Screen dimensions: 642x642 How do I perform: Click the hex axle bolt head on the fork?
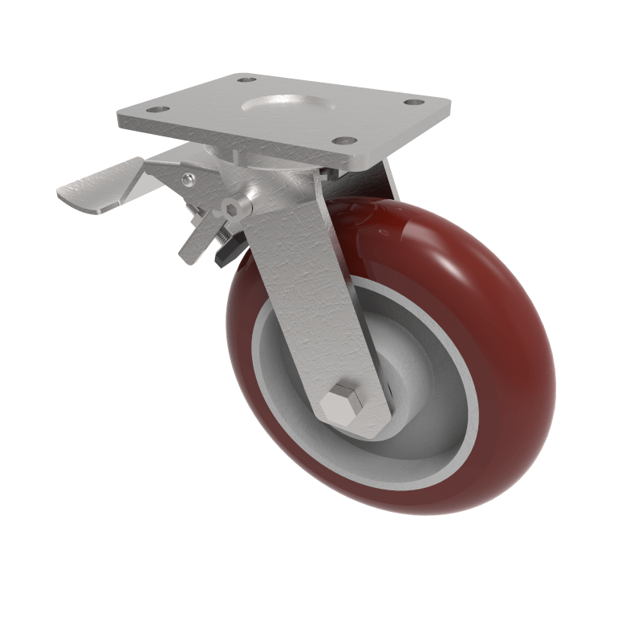click(343, 405)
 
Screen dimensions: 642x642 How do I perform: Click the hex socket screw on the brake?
click(235, 209)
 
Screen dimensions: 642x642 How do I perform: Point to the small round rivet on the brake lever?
click(188, 179)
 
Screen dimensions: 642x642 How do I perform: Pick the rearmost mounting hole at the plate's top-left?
click(246, 80)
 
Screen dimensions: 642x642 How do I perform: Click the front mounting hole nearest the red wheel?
click(347, 140)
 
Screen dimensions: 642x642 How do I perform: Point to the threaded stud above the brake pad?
click(210, 230)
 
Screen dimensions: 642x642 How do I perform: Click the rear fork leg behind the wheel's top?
click(392, 180)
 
